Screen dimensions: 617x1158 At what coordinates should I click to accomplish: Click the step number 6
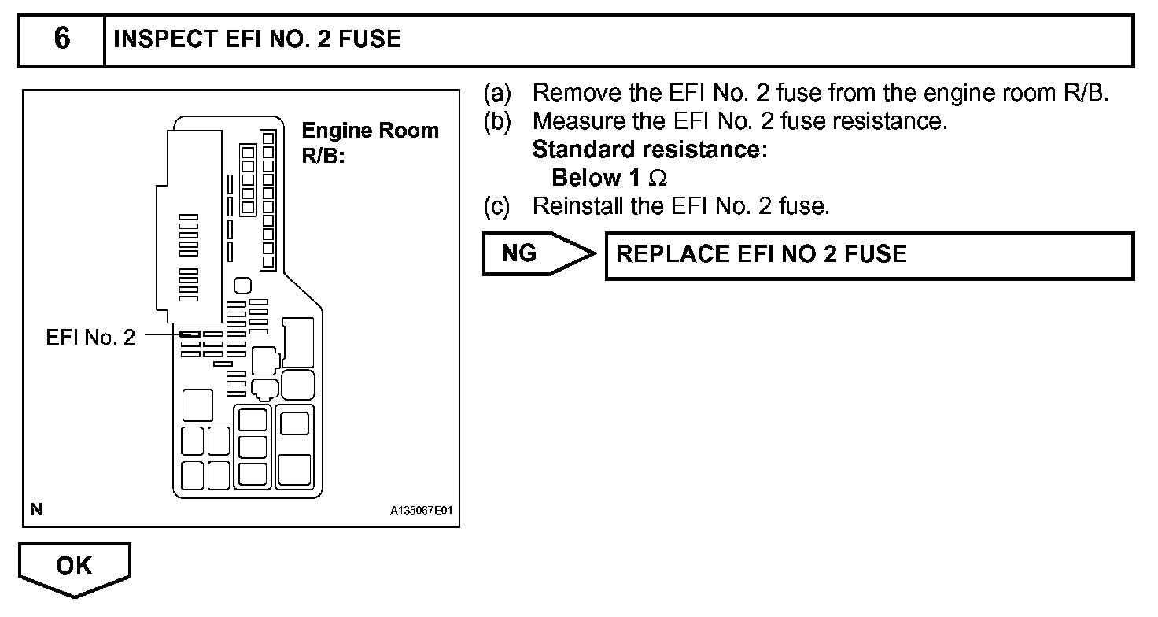tap(61, 39)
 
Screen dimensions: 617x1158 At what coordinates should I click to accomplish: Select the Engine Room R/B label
tap(370, 142)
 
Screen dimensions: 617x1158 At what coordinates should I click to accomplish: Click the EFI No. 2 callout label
tap(90, 338)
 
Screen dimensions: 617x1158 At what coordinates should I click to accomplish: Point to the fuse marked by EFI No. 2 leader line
tap(189, 334)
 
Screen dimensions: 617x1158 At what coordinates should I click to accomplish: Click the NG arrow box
tap(535, 253)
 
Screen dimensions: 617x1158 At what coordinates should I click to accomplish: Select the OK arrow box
tap(74, 567)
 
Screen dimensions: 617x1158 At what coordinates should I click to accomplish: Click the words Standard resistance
tap(649, 150)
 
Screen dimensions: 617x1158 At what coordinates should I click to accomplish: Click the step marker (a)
tap(497, 93)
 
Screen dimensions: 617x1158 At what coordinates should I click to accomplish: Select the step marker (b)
tap(497, 121)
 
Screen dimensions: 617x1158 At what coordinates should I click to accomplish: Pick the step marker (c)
tap(497, 206)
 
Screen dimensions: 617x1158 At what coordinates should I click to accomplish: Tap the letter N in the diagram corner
tap(36, 510)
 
